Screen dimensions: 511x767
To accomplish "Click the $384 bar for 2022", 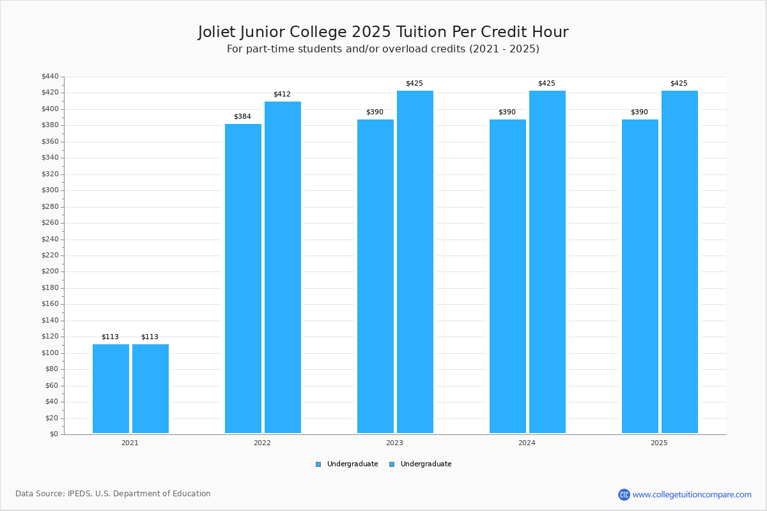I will [x=243, y=278].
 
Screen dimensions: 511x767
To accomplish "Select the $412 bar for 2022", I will [x=283, y=267].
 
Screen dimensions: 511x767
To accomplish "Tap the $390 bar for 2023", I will [x=375, y=276].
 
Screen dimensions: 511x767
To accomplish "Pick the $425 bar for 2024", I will [x=547, y=262].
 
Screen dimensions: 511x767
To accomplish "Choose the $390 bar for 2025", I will [x=640, y=276].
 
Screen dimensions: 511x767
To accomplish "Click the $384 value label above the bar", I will [x=242, y=117].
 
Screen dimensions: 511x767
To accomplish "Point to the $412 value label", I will [x=282, y=95].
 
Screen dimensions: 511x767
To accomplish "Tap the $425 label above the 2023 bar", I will [x=414, y=84].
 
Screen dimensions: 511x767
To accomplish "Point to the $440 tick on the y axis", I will [x=50, y=77].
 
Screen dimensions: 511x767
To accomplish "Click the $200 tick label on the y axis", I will [x=50, y=271].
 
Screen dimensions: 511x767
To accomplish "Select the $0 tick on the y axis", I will [x=54, y=434].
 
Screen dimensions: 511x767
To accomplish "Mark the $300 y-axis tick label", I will [x=50, y=190].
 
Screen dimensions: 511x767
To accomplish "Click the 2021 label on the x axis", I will [x=130, y=443].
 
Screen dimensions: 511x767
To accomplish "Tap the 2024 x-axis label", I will [x=527, y=443].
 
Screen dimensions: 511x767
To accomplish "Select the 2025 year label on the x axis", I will [x=659, y=443].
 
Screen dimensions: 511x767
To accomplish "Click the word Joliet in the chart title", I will [x=218, y=32].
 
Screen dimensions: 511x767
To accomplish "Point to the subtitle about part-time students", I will [x=383, y=49].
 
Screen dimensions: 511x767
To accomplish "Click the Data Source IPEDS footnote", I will [x=113, y=494].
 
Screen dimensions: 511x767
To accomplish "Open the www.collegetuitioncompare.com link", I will [x=692, y=494].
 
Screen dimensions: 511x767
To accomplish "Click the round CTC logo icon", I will [x=624, y=494].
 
